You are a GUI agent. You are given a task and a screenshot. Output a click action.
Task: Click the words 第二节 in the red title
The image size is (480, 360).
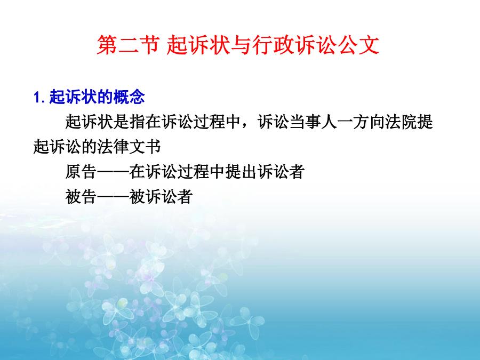point(128,45)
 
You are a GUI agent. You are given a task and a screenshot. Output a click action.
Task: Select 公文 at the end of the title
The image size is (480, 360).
point(359,45)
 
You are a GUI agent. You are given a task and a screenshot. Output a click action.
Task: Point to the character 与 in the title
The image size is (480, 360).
point(241,45)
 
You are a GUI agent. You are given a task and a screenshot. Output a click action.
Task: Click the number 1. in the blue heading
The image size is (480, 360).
point(39,98)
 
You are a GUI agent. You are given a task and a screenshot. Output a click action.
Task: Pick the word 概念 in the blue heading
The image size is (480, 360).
point(129,97)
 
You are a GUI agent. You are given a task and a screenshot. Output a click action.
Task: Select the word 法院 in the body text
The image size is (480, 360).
point(401,122)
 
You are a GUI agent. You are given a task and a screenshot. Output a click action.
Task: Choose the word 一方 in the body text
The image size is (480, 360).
point(353,122)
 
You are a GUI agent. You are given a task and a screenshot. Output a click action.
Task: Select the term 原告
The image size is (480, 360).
point(81,171)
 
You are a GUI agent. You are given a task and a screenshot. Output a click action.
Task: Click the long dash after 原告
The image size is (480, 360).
point(113,171)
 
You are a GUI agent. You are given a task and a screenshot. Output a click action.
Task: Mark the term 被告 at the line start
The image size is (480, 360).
point(81,196)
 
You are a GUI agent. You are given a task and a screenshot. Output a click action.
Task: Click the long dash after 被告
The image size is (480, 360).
point(113,196)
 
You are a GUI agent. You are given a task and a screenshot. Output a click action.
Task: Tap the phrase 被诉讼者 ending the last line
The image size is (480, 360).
point(161,196)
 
